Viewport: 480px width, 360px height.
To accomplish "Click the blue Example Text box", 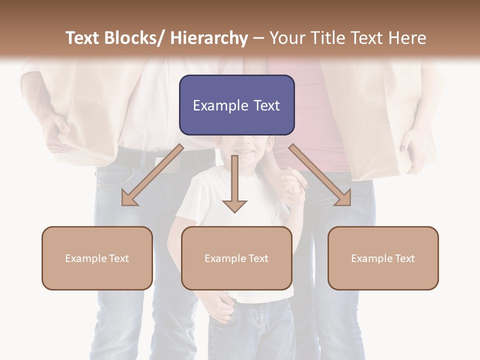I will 236,105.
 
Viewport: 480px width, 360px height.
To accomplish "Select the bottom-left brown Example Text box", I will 97,258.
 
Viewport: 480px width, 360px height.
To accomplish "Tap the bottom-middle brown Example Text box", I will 236,258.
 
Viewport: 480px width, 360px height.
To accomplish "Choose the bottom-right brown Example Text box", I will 383,258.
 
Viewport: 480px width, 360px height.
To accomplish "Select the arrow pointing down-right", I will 320,175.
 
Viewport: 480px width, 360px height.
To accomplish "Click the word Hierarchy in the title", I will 208,38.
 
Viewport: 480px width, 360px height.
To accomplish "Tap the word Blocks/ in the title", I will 134,38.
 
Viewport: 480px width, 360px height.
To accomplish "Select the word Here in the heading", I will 406,38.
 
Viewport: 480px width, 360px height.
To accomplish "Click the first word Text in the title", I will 83,38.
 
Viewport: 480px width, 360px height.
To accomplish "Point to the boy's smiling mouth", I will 244,150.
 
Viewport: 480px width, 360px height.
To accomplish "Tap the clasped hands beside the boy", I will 292,185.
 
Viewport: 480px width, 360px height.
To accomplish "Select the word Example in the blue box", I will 217,105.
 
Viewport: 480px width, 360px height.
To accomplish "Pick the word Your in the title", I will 286,38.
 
